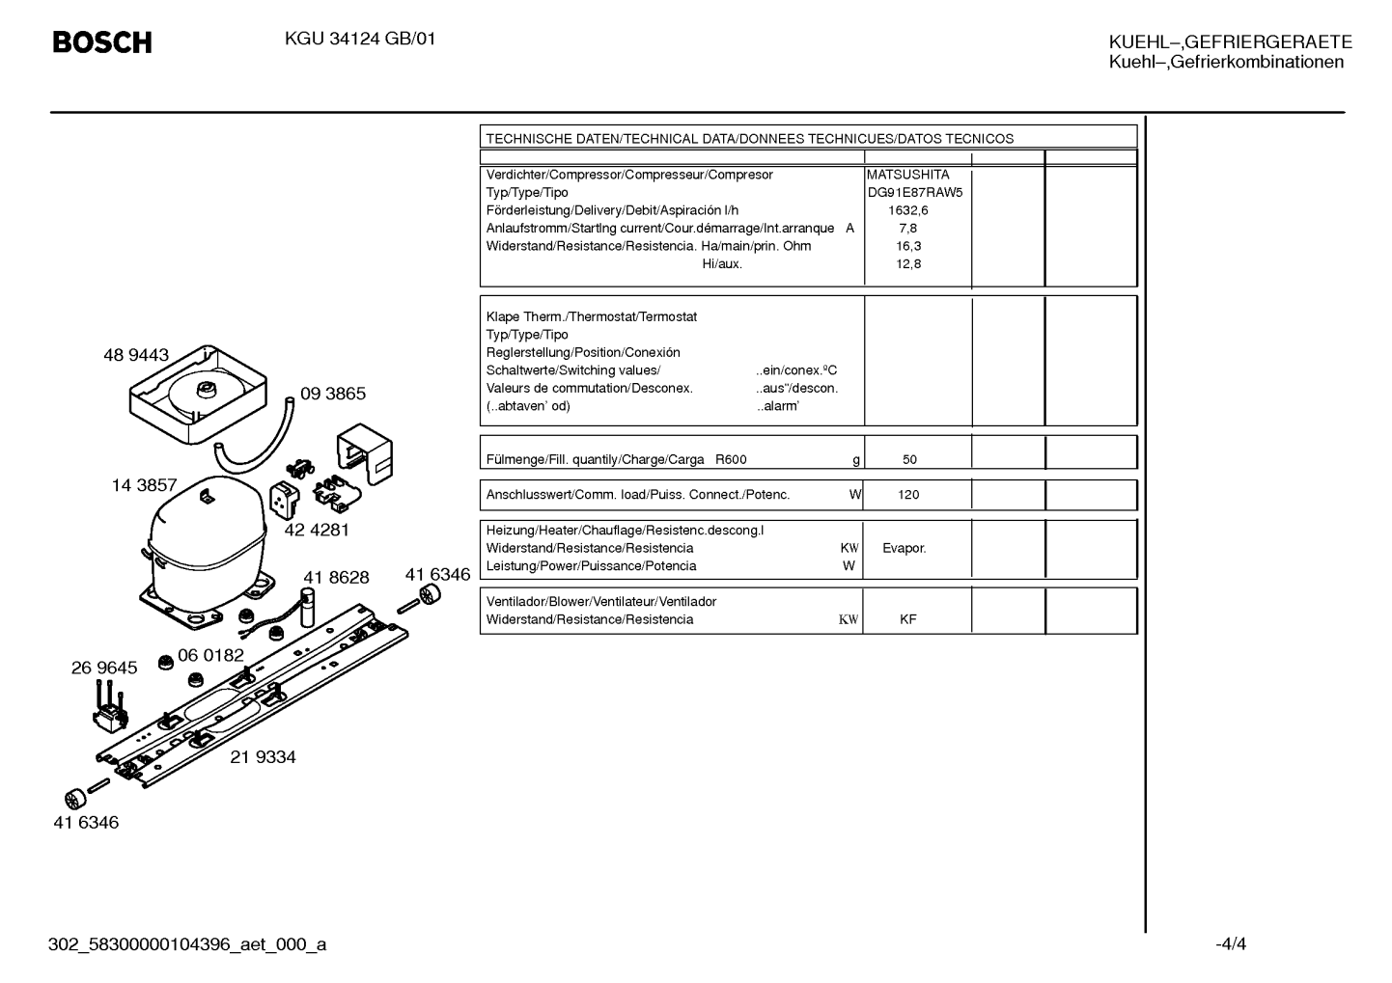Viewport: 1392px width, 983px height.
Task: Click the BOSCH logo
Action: pos(102,42)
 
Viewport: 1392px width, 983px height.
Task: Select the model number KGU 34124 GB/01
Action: pos(360,40)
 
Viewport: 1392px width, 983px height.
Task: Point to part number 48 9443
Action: pos(136,355)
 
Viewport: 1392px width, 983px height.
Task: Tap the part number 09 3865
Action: pos(333,393)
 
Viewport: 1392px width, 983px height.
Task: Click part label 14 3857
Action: pos(144,485)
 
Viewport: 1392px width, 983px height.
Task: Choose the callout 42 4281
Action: pos(317,530)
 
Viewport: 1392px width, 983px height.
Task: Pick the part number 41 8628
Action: pos(336,577)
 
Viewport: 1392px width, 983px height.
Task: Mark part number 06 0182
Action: pos(210,655)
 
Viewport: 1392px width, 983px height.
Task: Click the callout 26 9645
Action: pos(104,668)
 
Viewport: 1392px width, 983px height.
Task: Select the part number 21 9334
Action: pos(263,757)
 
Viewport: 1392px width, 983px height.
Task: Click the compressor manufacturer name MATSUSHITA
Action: pos(908,175)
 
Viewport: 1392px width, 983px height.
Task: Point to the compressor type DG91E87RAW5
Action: pos(915,193)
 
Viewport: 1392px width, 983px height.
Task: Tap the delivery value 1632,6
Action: pos(908,210)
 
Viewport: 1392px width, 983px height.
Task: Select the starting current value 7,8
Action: pos(908,229)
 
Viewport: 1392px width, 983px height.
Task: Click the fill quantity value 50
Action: pos(909,459)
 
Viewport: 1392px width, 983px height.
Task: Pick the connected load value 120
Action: pos(908,495)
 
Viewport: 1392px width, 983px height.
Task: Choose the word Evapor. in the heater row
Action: pos(905,548)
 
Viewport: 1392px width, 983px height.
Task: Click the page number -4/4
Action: pos(1231,943)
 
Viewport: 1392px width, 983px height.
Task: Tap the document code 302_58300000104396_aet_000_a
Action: pos(187,944)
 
